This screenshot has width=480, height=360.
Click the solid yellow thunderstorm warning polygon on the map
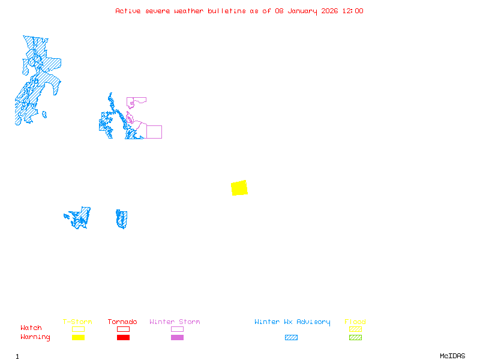tap(239, 188)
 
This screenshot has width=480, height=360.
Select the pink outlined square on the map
tap(154, 132)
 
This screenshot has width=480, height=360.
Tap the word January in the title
tap(301, 11)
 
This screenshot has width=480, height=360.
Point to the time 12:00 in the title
tap(353, 11)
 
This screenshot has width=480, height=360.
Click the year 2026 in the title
tap(329, 11)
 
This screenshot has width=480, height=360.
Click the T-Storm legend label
tap(78, 322)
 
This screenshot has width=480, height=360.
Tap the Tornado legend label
tap(123, 322)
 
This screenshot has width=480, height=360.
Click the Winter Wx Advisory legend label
tap(292, 322)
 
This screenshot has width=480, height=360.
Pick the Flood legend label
tap(355, 322)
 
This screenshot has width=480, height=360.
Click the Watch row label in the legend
tap(31, 328)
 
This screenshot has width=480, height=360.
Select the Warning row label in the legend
tap(35, 337)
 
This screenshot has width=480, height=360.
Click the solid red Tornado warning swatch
tap(123, 338)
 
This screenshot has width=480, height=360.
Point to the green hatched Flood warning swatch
tap(355, 338)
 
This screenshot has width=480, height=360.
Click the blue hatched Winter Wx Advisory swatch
tap(291, 338)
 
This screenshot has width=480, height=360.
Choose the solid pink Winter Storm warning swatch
tap(177, 338)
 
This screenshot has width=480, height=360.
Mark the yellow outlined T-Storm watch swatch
tap(78, 329)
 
